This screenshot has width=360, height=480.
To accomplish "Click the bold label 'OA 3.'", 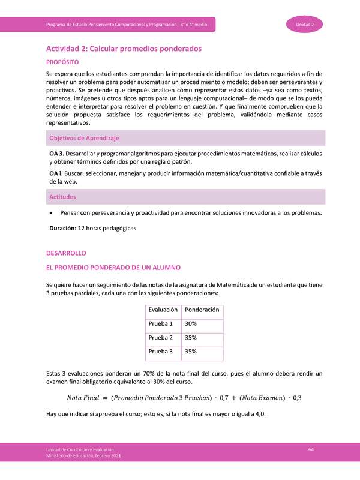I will click(x=58, y=154).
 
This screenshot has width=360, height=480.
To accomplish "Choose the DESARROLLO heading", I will click(x=67, y=253).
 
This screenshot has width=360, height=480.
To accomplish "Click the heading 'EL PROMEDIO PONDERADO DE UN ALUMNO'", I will click(x=113, y=267).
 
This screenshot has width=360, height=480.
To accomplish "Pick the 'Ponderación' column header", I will click(x=202, y=310).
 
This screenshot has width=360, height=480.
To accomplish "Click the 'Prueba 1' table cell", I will click(x=160, y=323).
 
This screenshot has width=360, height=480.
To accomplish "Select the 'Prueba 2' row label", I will click(x=160, y=337).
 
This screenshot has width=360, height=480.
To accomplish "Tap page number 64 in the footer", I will click(x=311, y=449).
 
